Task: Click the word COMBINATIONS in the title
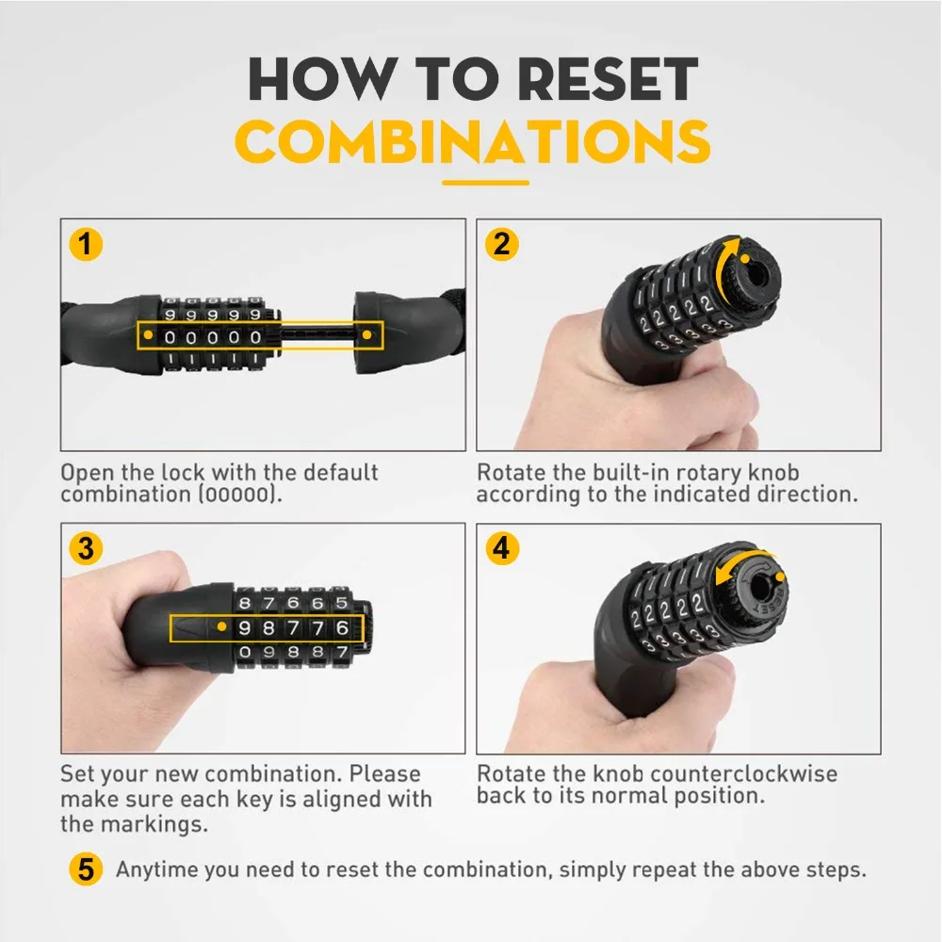click(471, 141)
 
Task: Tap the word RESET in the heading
click(581, 81)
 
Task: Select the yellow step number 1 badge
click(86, 245)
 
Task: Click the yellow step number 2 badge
click(501, 245)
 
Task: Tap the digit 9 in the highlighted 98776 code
click(246, 627)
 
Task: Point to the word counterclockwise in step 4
click(744, 774)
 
